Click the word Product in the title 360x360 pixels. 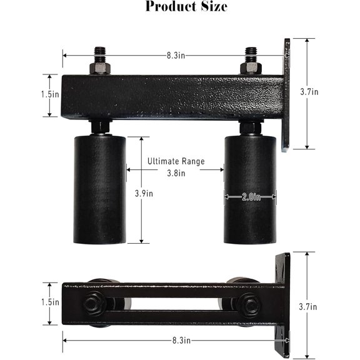click(x=166, y=7)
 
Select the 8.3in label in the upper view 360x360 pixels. click(x=175, y=55)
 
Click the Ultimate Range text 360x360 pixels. click(x=176, y=161)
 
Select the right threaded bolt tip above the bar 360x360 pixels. click(x=251, y=51)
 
